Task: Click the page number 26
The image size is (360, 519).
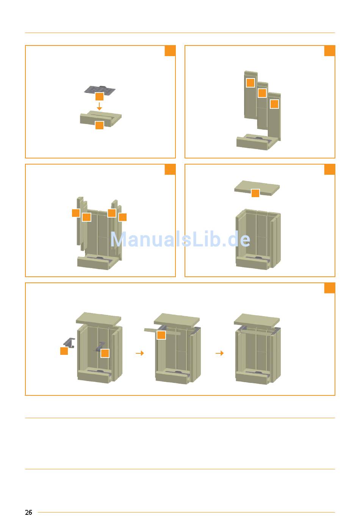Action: pos(28,512)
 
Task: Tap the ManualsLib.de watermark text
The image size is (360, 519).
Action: pos(180,239)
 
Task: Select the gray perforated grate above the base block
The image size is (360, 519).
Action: pos(100,91)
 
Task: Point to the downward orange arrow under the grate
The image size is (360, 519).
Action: pos(99,107)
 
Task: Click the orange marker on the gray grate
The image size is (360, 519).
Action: pos(99,96)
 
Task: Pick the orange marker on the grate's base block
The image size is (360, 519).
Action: pos(99,125)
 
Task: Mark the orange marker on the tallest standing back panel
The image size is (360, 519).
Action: pos(250,83)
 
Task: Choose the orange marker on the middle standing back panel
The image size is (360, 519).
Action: pos(262,93)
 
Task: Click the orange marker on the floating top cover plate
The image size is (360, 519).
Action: pos(255,193)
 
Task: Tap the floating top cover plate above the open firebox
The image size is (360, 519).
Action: pos(257,188)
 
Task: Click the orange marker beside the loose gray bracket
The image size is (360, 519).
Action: pos(64,351)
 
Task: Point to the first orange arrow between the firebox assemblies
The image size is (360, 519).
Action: pos(140,353)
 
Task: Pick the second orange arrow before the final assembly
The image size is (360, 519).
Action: pos(220,353)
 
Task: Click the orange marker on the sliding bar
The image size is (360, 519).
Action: pos(161,335)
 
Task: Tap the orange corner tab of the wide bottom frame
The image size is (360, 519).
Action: pos(330,288)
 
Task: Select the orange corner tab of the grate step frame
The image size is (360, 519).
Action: pos(170,51)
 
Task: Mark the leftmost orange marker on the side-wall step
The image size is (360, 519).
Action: pos(76,213)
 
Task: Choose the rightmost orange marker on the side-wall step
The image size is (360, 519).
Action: pos(122,217)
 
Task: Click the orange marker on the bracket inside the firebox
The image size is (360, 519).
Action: pos(105,353)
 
